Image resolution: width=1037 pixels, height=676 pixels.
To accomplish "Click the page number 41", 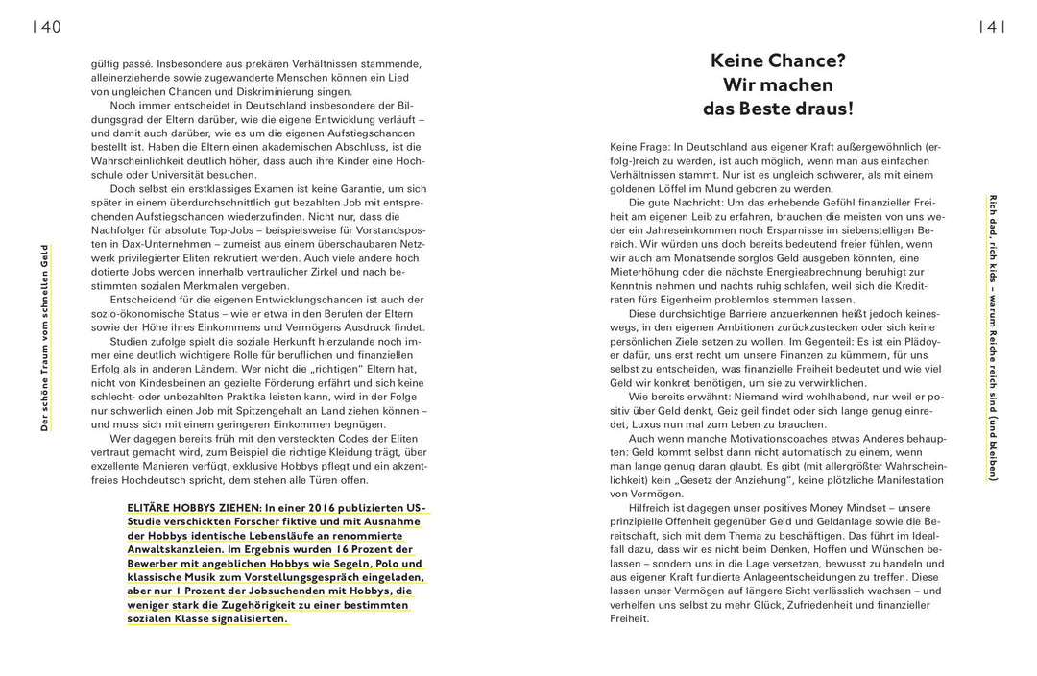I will click(x=990, y=27).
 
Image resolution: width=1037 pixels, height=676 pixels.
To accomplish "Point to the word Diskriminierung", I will click(x=280, y=91).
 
